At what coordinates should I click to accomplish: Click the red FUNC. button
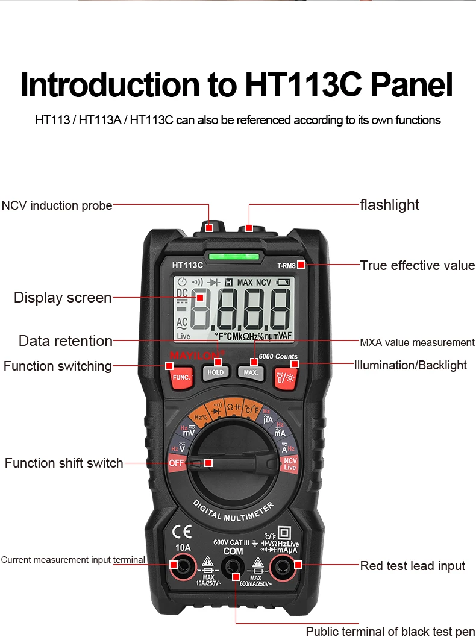click(x=181, y=378)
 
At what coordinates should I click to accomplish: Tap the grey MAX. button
click(x=251, y=372)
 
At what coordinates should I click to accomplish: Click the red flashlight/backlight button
click(x=285, y=378)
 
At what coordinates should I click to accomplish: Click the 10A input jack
click(x=181, y=565)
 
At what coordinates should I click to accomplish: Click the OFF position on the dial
click(x=176, y=463)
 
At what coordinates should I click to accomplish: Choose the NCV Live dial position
click(x=290, y=464)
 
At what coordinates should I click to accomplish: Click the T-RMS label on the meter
click(x=286, y=265)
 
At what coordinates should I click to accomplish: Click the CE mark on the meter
click(x=182, y=532)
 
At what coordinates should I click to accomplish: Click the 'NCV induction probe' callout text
click(x=57, y=205)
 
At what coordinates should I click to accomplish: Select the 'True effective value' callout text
click(x=417, y=265)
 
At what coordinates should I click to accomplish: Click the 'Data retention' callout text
click(x=65, y=340)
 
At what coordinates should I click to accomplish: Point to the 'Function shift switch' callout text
click(x=64, y=463)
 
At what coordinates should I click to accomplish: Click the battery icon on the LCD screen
click(x=283, y=282)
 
